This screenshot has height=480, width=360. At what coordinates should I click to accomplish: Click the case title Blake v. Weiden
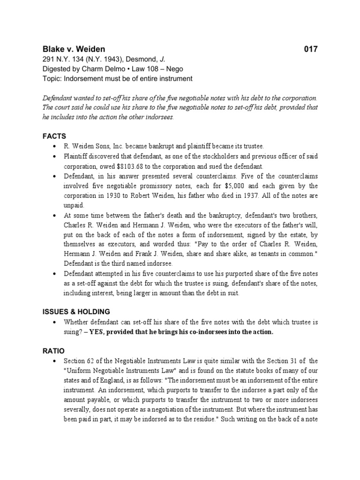coord(74,49)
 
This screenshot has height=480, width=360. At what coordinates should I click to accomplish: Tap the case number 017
coord(310,49)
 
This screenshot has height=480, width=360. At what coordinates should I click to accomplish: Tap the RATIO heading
coord(53,351)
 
